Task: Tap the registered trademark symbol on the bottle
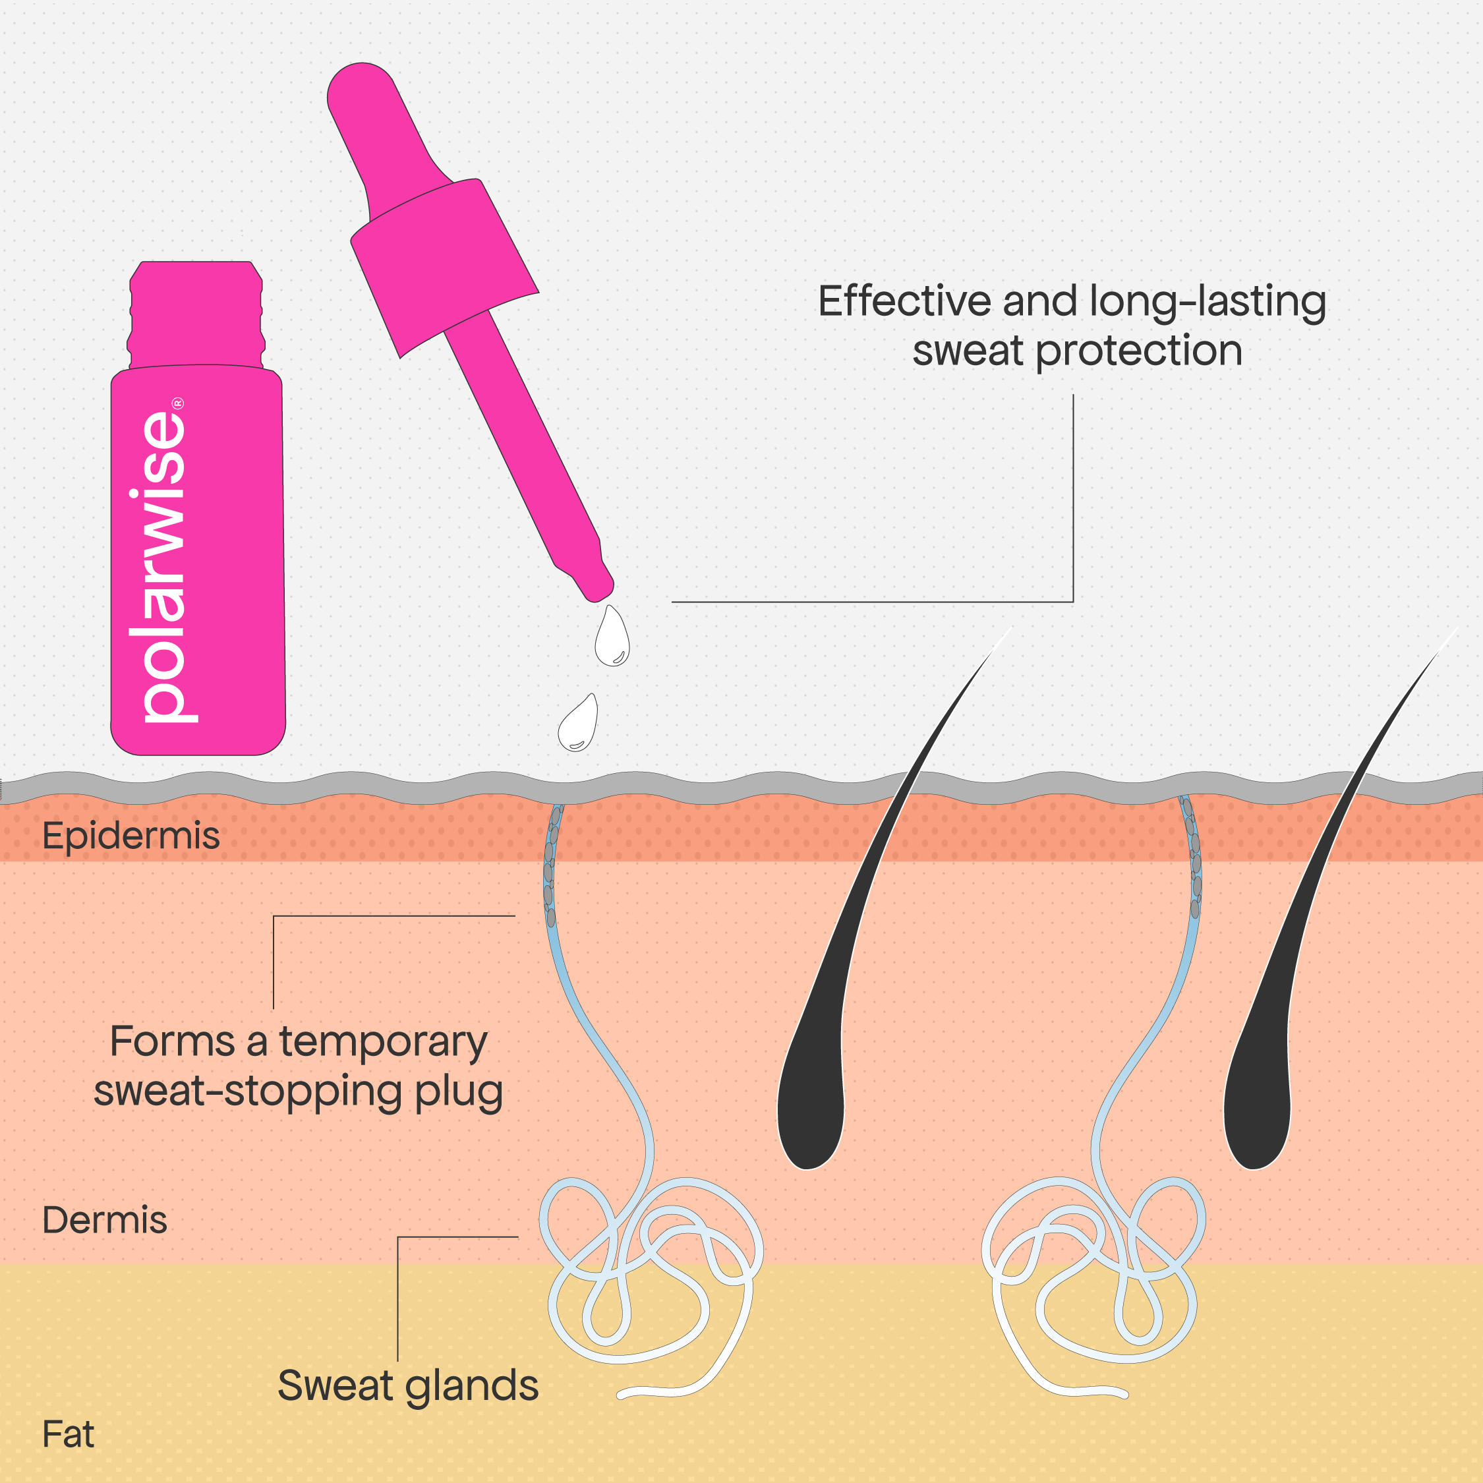[x=178, y=402]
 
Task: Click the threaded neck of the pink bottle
[x=196, y=314]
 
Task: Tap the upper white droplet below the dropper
[x=612, y=637]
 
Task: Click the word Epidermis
[x=131, y=836]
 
